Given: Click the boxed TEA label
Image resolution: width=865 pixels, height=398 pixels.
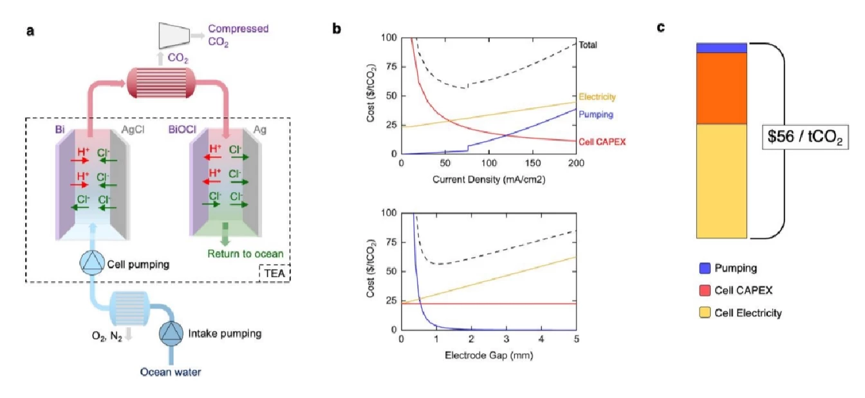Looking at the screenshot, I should [x=274, y=273].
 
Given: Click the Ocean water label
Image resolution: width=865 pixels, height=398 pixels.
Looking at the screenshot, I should [x=171, y=372].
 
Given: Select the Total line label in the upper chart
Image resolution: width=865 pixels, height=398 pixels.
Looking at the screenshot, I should [x=588, y=45].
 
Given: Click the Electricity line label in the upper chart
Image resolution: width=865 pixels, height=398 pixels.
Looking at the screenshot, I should [x=597, y=97].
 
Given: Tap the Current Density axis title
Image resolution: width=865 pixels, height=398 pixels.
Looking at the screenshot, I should [x=488, y=179].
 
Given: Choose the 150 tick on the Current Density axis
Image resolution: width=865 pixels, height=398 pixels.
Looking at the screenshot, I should [x=532, y=163].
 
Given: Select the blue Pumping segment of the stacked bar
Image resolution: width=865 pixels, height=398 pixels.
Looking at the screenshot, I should [x=721, y=48].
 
